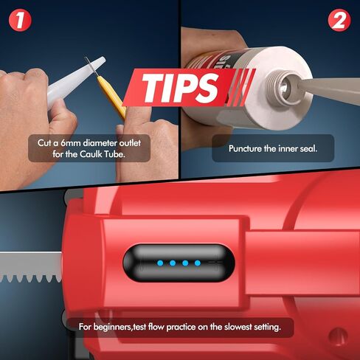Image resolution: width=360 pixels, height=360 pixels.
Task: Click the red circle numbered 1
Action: (x=20, y=20)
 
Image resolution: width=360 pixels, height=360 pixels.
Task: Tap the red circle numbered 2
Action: (x=339, y=20)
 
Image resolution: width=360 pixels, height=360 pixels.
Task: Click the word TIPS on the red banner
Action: (x=180, y=88)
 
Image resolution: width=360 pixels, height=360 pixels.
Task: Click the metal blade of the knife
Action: (x=91, y=66)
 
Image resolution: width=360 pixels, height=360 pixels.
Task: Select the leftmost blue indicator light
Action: (x=160, y=263)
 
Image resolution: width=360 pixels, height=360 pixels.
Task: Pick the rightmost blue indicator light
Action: (x=198, y=263)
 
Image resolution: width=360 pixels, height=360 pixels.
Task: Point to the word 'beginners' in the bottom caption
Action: (x=113, y=327)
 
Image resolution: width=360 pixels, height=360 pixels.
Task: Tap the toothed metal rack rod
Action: (x=31, y=266)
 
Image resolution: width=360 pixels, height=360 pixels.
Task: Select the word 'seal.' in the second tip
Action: (x=308, y=148)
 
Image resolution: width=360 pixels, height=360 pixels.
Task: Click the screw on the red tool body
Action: (x=339, y=336)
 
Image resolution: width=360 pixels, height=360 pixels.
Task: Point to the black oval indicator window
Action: (x=179, y=263)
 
